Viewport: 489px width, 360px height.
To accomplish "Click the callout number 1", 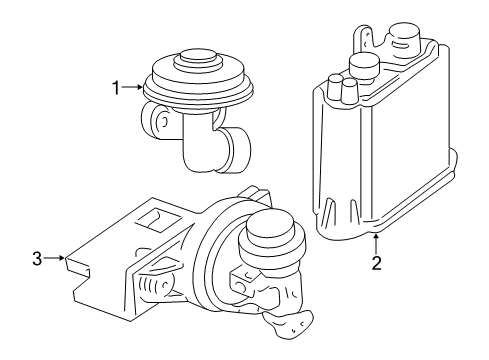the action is click(116, 88).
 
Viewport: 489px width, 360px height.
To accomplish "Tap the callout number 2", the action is click(376, 263).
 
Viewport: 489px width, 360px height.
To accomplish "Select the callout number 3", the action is click(37, 258).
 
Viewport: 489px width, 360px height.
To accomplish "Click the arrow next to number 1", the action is click(132, 87).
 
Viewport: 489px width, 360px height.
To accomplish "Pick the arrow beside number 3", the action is click(54, 258).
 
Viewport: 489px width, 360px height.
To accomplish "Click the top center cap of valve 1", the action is click(197, 58).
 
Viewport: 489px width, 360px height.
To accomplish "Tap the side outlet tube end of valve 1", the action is click(237, 150).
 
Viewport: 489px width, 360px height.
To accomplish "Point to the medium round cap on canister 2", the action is click(364, 65).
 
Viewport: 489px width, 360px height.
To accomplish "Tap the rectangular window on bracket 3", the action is click(159, 219).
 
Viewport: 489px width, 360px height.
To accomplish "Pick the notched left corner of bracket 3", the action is click(78, 269).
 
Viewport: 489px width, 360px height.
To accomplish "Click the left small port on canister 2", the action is click(333, 86).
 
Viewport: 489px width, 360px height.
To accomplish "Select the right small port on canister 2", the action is click(349, 90).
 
